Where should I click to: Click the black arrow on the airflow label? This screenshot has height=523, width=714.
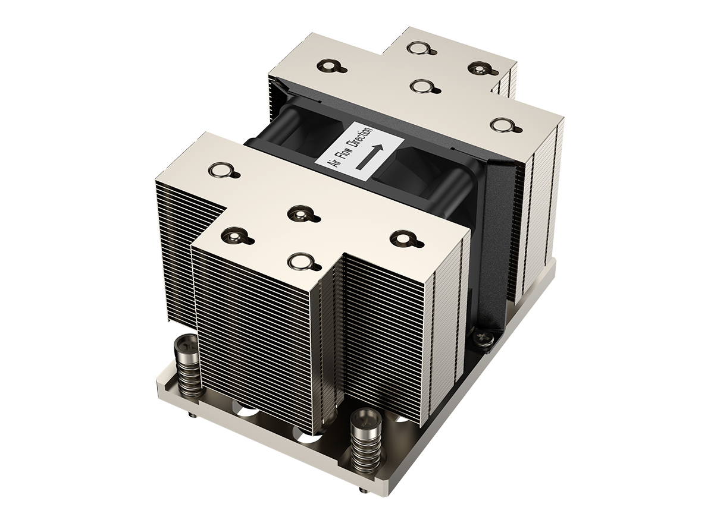point(369,156)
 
